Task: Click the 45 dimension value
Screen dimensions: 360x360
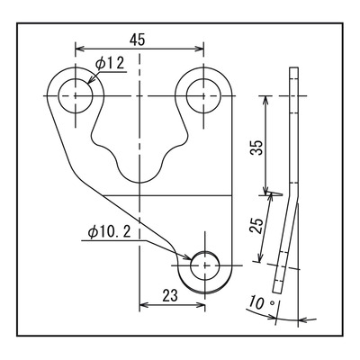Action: coord(138,40)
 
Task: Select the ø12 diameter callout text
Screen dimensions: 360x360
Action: coord(110,63)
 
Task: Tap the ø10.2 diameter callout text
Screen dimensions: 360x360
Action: coord(110,232)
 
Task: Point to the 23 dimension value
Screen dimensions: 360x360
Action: coord(170,296)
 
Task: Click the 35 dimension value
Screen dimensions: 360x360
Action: coord(257,147)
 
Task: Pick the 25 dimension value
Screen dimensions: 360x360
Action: coord(257,226)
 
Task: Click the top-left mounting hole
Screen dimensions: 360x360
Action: coord(76,95)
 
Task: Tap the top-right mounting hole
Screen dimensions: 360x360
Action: coord(203,95)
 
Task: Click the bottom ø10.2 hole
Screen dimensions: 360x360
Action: coord(205,265)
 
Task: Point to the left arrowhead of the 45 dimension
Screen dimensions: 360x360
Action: coord(79,49)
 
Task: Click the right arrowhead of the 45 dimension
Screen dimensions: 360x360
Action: coord(200,49)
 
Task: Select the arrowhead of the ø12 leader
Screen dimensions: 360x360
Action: coord(90,80)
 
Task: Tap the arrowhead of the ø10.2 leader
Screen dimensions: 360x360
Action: coord(186,256)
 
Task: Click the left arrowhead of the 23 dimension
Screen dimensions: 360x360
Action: coord(144,305)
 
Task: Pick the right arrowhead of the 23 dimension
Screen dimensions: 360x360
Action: coord(201,305)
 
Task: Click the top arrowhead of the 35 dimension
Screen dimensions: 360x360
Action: coord(265,100)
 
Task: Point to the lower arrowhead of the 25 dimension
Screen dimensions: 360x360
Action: coord(260,257)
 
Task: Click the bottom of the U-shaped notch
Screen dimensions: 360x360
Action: coord(139,182)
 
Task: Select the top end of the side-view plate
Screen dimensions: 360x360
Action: coord(294,67)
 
